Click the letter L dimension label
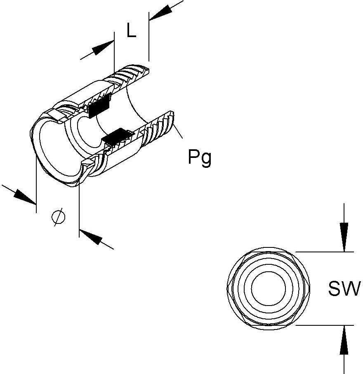(131, 31)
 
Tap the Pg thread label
(200, 158)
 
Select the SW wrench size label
(344, 289)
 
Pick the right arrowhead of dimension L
(158, 13)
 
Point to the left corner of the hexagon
(228, 287)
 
